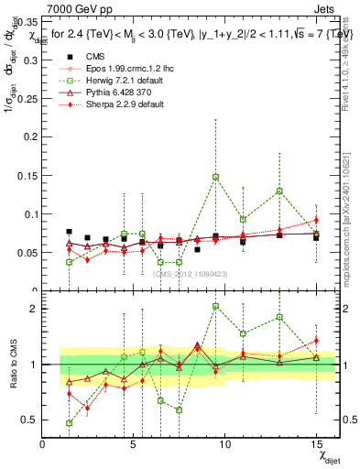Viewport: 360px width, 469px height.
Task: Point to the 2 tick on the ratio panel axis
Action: (x=35, y=308)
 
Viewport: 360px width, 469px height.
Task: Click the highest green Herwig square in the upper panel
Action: (x=215, y=177)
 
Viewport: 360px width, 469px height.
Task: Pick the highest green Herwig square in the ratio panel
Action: (x=215, y=307)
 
